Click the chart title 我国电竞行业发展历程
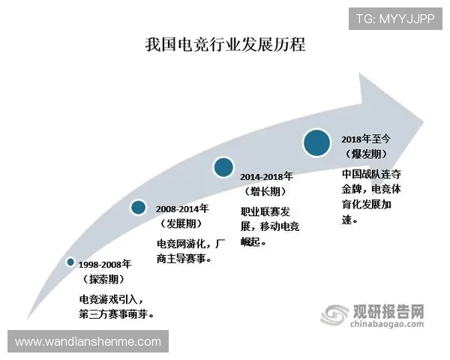coord(225,44)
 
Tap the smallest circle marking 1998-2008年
coord(70,262)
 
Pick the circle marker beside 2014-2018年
coord(223,167)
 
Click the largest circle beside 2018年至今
coord(317,142)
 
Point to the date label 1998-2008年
coord(105,265)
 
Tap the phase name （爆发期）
coord(363,154)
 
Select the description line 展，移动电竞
coord(270,228)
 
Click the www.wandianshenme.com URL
coord(88,342)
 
